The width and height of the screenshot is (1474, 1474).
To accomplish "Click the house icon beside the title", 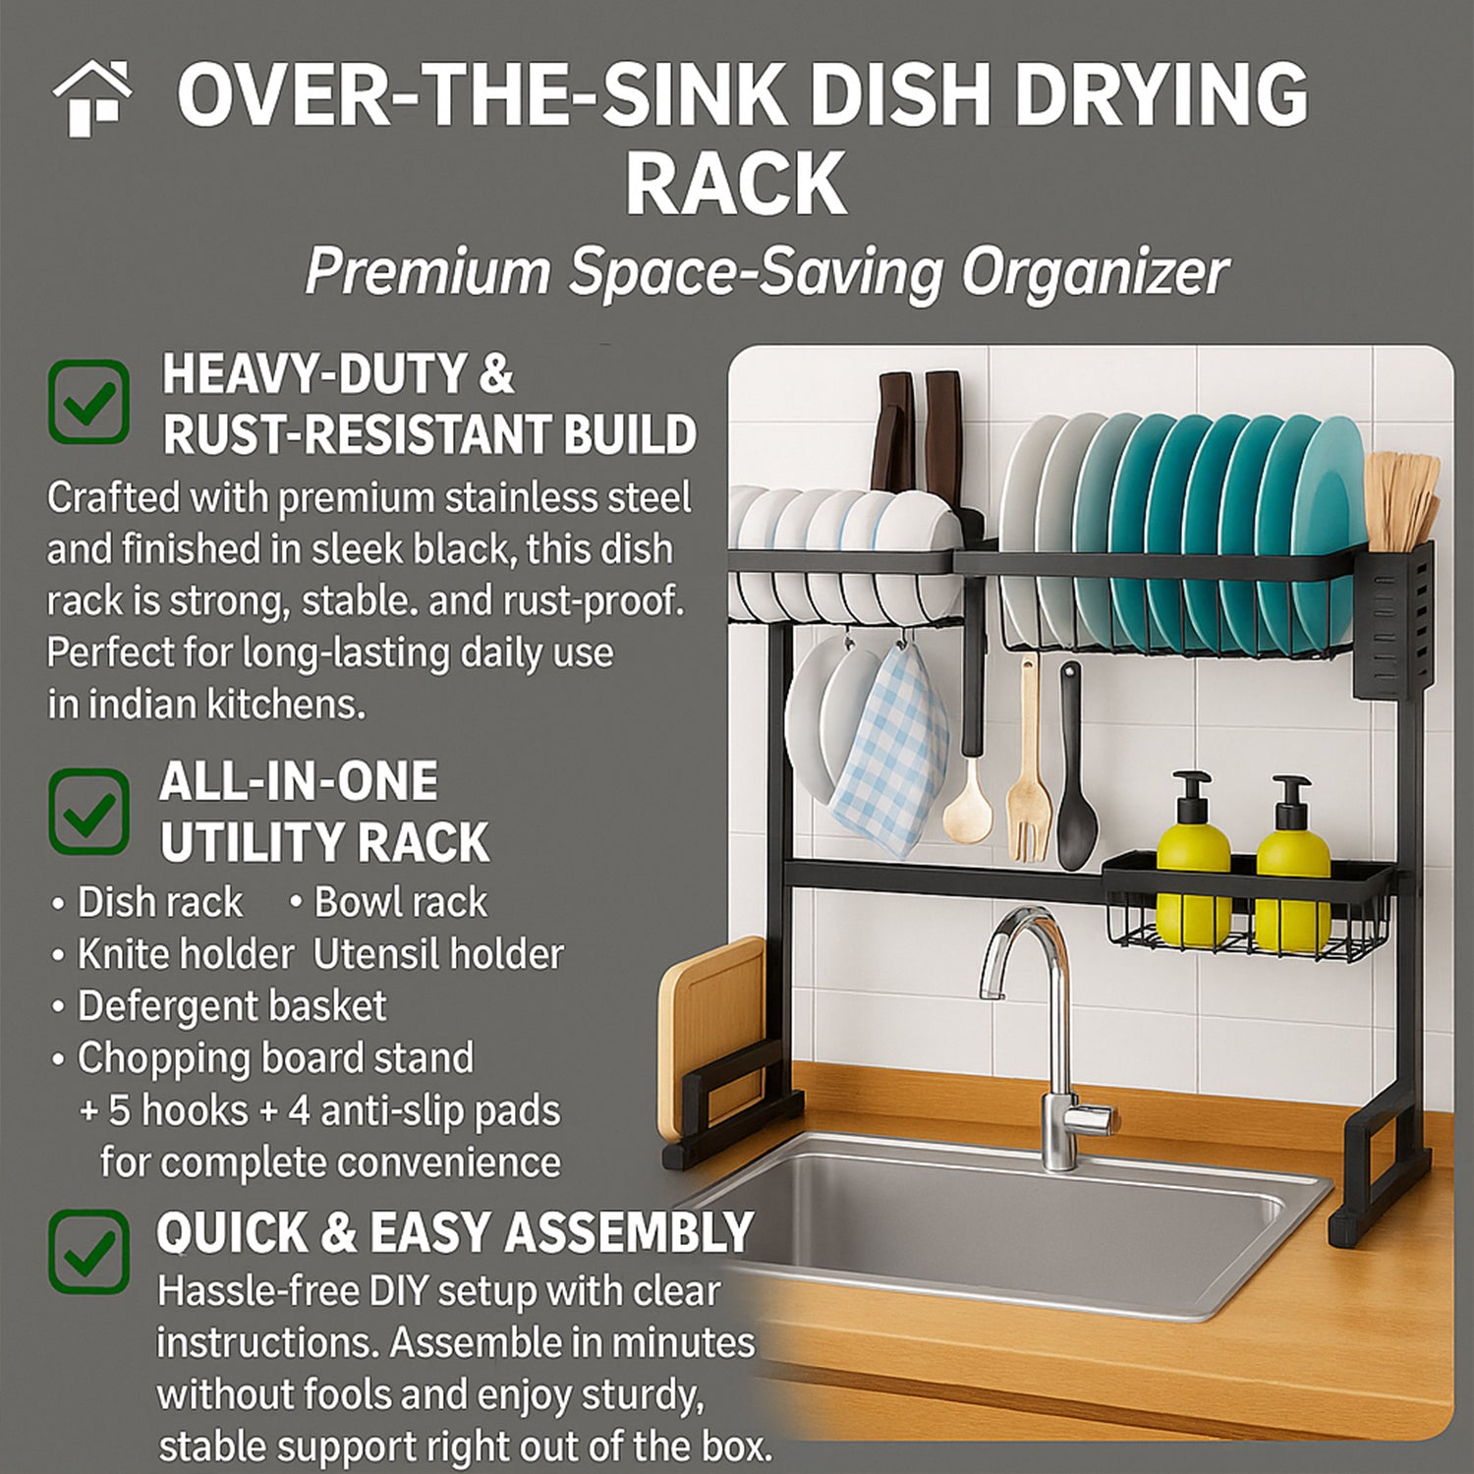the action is point(92,98).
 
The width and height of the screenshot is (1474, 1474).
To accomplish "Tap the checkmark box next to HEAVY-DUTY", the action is point(88,401).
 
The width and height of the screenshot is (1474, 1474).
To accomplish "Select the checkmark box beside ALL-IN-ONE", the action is point(88,812).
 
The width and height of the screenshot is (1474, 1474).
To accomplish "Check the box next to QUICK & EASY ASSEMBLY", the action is point(88,1251).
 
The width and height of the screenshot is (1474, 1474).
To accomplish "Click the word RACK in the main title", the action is point(737,184).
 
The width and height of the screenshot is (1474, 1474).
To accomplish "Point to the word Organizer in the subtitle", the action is point(1095,273).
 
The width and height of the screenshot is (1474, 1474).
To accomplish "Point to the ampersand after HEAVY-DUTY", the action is point(497,374).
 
